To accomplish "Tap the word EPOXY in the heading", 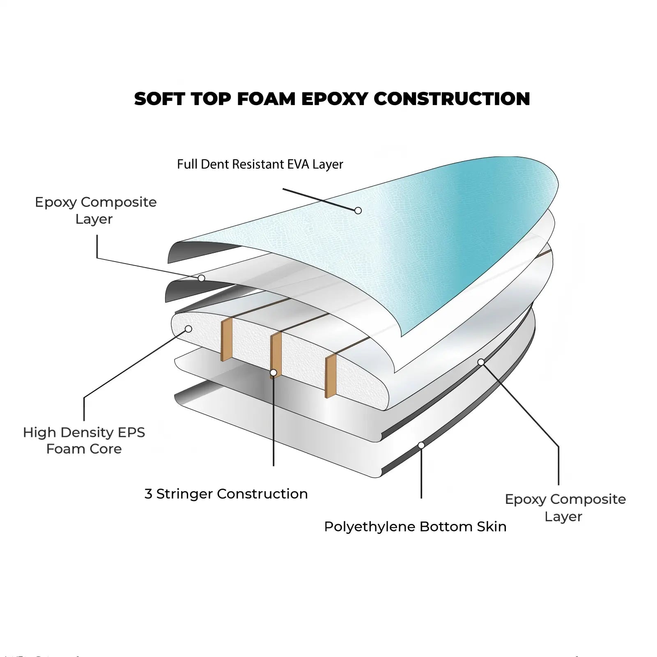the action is click(335, 99).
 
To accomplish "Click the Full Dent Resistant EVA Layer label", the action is click(260, 164).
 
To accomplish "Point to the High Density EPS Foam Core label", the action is click(84, 441).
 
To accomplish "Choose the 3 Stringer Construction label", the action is click(226, 494).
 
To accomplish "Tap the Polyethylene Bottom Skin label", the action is click(415, 526).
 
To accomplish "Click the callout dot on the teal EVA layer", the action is click(358, 211).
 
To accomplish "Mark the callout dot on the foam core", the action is click(188, 329).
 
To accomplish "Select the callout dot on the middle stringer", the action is click(273, 373).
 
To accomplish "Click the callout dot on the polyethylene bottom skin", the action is click(421, 445).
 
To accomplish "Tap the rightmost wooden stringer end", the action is click(331, 376).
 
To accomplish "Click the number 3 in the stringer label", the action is click(148, 494).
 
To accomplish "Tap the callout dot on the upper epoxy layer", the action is click(201, 278).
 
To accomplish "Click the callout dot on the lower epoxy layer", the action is click(481, 362).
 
